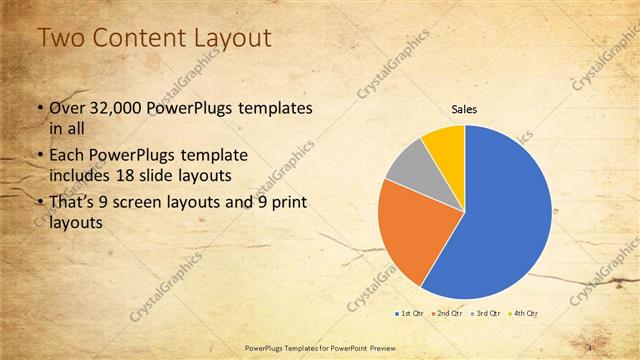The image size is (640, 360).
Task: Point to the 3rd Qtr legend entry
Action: (485, 314)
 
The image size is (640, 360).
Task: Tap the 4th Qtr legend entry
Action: (524, 314)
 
